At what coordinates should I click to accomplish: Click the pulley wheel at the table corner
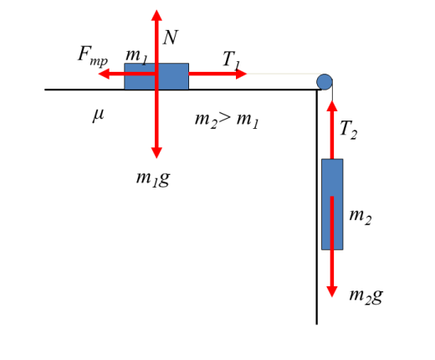325,82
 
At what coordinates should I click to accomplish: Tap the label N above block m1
170,38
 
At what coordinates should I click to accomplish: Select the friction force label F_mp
93,56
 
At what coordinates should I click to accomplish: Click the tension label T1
231,60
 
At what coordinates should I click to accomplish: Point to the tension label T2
349,130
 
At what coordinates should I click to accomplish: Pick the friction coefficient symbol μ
98,115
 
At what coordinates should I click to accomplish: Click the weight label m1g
153,178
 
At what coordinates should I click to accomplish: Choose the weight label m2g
366,296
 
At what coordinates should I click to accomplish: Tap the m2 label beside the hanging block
361,217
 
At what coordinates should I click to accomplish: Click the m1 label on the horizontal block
136,56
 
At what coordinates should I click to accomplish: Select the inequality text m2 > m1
227,120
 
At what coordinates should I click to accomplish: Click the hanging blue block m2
332,204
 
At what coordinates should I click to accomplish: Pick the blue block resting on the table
156,76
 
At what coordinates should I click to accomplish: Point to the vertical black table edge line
317,207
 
